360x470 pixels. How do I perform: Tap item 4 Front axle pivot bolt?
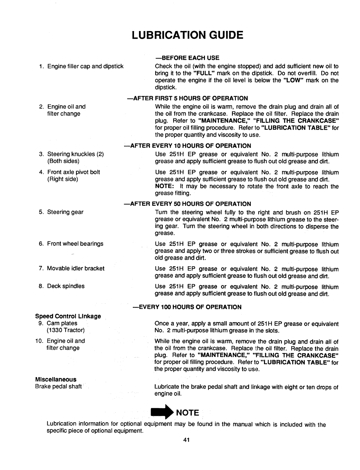(x=74, y=172)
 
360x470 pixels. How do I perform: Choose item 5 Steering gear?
(x=65, y=212)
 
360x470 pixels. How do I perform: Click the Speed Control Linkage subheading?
(x=68, y=316)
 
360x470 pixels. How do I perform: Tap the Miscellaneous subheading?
(x=56, y=379)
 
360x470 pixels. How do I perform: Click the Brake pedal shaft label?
(x=61, y=386)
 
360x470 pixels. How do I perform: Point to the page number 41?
(x=186, y=440)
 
